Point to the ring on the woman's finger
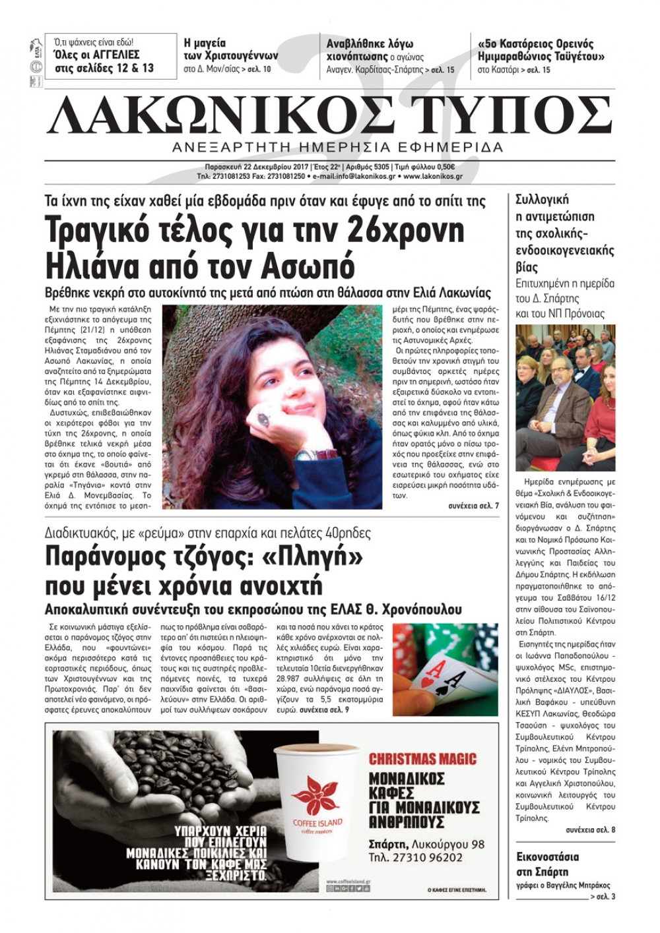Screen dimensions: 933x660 point(264,419)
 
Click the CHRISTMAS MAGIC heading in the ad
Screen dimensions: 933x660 point(422,759)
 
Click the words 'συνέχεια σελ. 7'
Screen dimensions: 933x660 point(473,506)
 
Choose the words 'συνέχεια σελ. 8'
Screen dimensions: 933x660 point(590,829)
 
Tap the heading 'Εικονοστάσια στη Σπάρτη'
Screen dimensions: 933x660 point(548,864)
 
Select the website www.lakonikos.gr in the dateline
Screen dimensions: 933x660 point(433,177)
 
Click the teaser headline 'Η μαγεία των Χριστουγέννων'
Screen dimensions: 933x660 point(230,50)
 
